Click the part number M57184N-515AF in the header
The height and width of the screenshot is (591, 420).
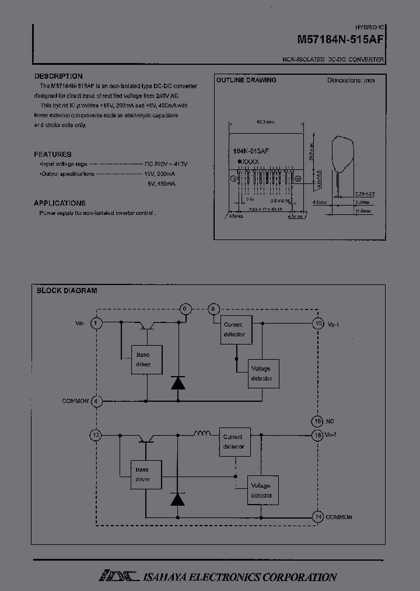tap(341, 40)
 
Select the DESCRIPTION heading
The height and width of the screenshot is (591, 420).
tap(58, 77)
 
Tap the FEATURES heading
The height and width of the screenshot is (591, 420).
tap(52, 154)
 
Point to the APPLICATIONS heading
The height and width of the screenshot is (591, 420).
tap(60, 203)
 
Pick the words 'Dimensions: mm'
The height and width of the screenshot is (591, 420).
tap(351, 80)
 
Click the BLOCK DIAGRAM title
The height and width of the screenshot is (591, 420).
tap(66, 290)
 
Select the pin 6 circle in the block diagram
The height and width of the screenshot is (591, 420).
tap(185, 309)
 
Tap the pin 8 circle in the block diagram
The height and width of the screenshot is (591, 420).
tap(213, 309)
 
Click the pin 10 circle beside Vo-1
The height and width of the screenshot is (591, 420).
tap(318, 323)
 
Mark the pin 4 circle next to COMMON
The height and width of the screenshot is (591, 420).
tap(97, 401)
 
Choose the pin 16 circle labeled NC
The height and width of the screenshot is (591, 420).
tap(318, 421)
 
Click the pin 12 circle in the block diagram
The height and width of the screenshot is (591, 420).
tap(96, 435)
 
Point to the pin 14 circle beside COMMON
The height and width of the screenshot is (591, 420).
tap(318, 517)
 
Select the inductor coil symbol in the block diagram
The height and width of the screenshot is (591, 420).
tap(202, 433)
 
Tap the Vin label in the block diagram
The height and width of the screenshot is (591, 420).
tap(80, 323)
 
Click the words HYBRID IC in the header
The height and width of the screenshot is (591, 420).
tap(370, 27)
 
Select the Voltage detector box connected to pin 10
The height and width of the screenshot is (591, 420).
tap(261, 374)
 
